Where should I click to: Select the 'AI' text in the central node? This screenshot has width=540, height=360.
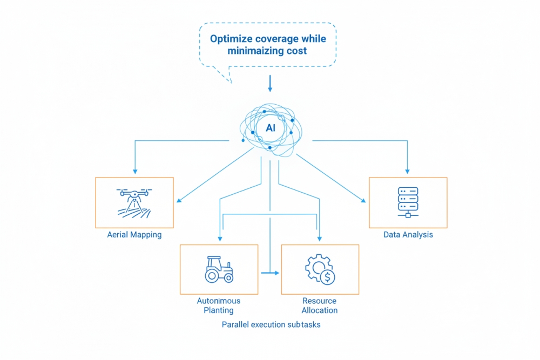pyautogui.click(x=271, y=128)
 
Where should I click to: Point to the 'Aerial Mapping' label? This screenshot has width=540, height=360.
pyautogui.click(x=134, y=235)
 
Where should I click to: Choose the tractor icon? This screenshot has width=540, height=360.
pyautogui.click(x=219, y=269)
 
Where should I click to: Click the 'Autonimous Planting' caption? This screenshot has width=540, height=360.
pyautogui.click(x=219, y=305)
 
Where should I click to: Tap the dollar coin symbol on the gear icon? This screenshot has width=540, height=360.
pyautogui.click(x=327, y=277)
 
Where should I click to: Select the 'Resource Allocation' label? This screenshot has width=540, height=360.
pyautogui.click(x=320, y=305)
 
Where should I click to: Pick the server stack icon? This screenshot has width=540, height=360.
pyautogui.click(x=408, y=200)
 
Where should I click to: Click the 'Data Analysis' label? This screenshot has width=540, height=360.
pyautogui.click(x=408, y=235)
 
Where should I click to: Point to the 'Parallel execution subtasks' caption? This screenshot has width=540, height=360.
pyautogui.click(x=271, y=325)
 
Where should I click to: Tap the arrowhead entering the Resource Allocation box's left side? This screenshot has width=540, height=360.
pyautogui.click(x=277, y=273)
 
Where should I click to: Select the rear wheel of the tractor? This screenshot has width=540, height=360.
pyautogui.click(x=212, y=275)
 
